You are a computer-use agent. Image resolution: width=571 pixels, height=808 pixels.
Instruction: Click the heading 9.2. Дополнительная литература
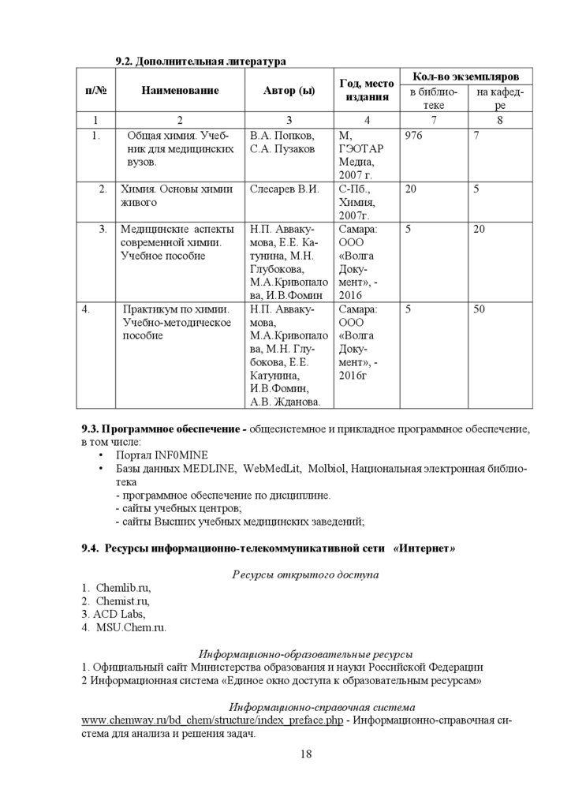pos(200,61)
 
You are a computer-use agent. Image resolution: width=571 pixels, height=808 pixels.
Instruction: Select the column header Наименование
pos(180,91)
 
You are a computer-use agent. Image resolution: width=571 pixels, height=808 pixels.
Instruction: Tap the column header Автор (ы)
pos(289,91)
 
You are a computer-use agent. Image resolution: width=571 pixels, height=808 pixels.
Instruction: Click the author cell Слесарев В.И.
pos(284,189)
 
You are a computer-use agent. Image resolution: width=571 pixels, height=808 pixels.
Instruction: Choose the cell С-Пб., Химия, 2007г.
pos(358,202)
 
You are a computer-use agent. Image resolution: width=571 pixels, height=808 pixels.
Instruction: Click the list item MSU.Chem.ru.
pos(131,628)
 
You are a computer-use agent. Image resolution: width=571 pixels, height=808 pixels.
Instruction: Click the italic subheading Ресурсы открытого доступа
pos(304,574)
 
